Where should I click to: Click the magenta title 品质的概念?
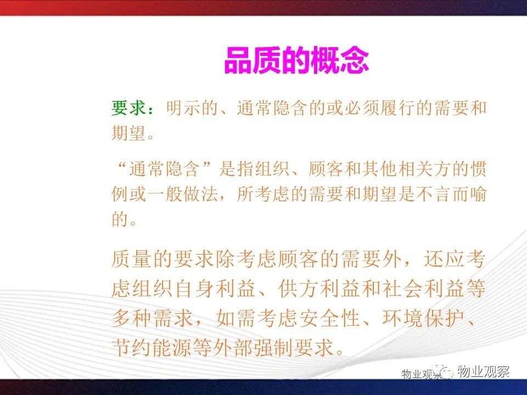(x=297, y=60)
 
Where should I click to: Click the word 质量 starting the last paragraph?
(x=132, y=259)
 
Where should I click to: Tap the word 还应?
(x=444, y=259)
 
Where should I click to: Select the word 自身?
(x=194, y=289)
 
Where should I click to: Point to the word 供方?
(x=299, y=289)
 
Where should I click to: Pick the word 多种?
(x=132, y=318)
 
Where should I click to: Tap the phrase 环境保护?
(x=423, y=318)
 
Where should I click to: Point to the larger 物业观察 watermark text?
(x=484, y=371)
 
